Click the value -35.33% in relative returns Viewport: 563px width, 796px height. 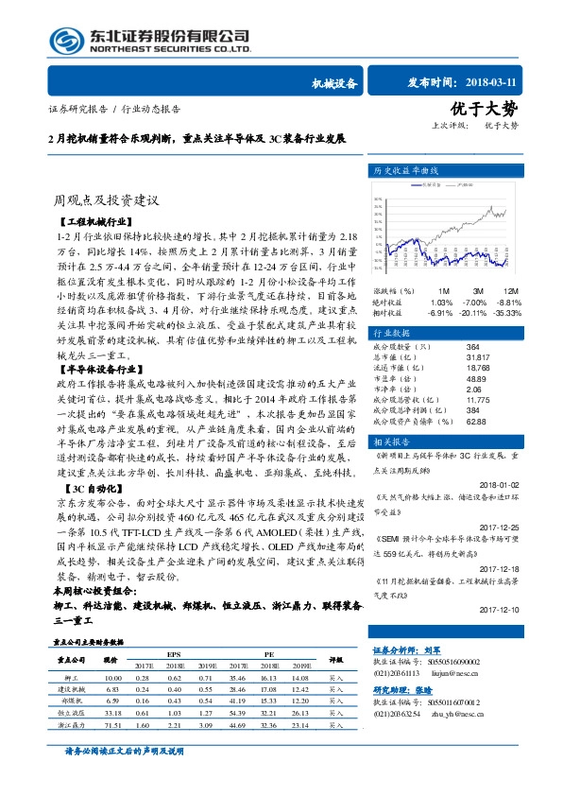506,312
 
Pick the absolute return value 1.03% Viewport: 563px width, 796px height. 440,302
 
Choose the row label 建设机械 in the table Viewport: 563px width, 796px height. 73,690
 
